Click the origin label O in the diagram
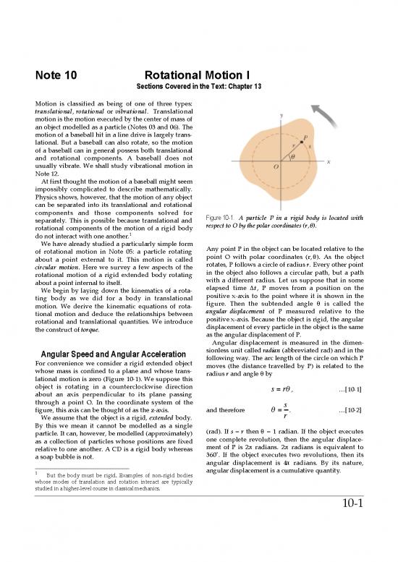coord(275,167)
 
